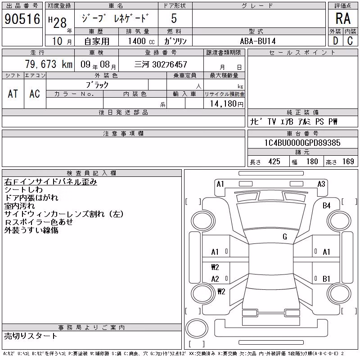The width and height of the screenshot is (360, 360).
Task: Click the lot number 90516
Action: tap(22, 19)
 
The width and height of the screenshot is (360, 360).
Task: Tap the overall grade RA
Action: tap(343, 18)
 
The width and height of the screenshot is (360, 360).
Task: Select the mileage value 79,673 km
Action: tap(49, 64)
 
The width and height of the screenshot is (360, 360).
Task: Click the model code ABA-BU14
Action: tap(257, 41)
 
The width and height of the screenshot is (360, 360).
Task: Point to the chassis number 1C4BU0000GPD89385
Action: tap(302, 143)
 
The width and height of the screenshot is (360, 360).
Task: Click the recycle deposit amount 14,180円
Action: tap(226, 104)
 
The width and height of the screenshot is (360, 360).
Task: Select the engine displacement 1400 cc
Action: tap(141, 41)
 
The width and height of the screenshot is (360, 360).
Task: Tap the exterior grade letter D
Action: tap(335, 41)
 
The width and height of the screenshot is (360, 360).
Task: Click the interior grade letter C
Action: tap(350, 41)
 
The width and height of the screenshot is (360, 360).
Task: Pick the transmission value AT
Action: tap(13, 94)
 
